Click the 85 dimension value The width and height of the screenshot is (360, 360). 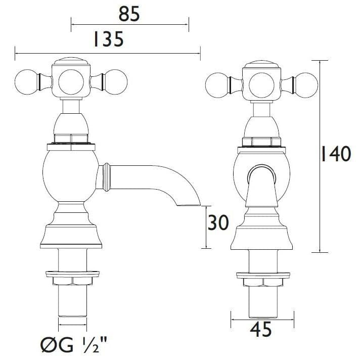click(129, 15)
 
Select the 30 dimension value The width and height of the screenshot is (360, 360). click(218, 223)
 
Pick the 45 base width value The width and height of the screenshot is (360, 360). click(260, 330)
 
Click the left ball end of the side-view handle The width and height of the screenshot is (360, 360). click(26, 80)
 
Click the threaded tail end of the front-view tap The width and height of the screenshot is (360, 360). click(260, 303)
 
